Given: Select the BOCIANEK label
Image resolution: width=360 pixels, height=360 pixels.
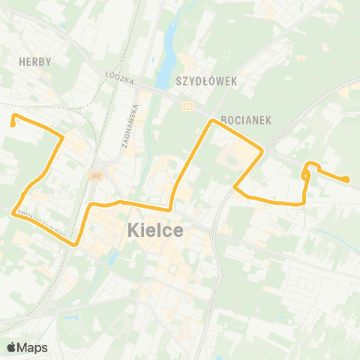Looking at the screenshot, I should tap(244, 120).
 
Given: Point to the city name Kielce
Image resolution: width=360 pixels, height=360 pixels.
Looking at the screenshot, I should tap(156, 230).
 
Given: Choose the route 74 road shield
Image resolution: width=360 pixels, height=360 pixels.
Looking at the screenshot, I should tap(186, 106).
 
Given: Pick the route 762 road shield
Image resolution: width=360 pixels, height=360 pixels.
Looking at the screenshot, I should tap(95, 176).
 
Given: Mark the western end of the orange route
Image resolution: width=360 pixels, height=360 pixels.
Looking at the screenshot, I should tap(13, 118).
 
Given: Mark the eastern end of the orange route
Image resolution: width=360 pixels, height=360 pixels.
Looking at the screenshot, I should tap(347, 179).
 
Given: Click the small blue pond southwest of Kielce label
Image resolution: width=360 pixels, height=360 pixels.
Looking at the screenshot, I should tap(112, 257).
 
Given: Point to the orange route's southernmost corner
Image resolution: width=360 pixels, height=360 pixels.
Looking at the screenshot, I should tap(77, 244).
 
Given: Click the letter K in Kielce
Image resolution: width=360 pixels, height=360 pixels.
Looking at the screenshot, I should tap(135, 230).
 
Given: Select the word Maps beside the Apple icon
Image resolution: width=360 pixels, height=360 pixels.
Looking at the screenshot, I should tap(34, 347).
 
